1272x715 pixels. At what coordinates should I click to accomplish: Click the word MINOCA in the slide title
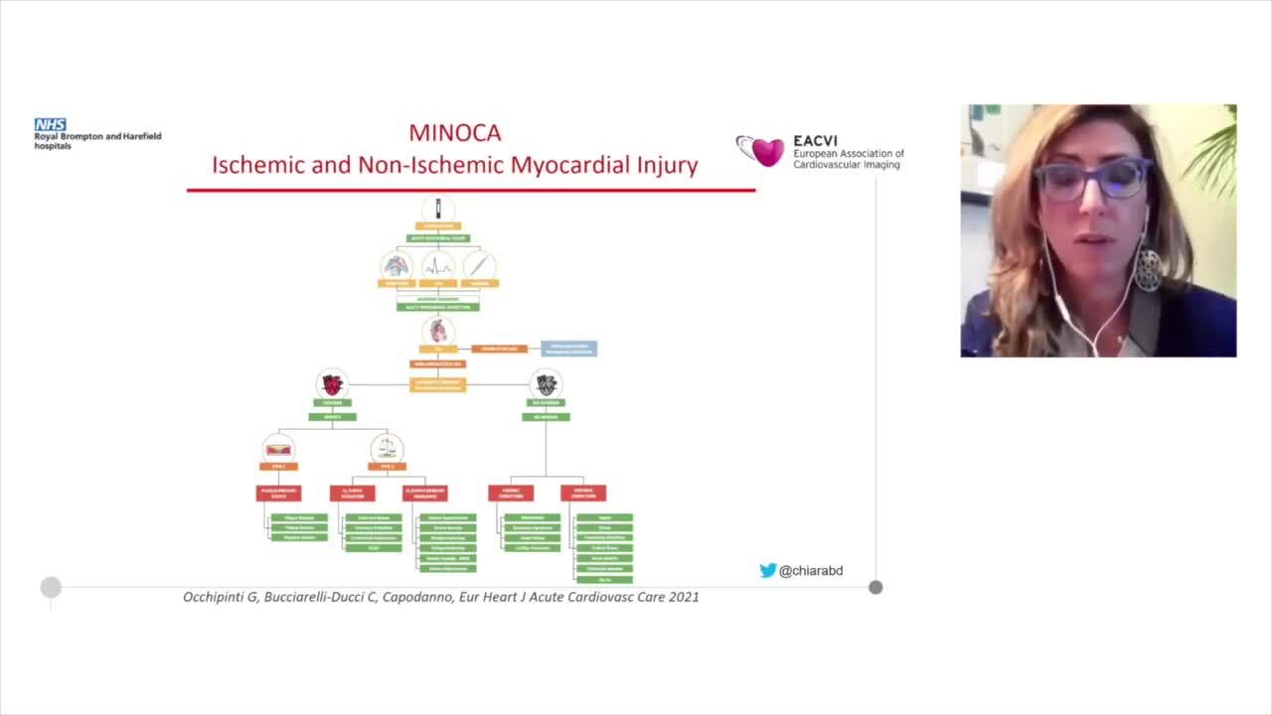[455, 132]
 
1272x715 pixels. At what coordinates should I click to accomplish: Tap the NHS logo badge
[50, 124]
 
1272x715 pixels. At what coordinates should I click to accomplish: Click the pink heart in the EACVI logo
[767, 151]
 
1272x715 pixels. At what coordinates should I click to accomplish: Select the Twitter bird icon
[767, 570]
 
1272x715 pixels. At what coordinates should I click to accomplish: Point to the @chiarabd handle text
[811, 570]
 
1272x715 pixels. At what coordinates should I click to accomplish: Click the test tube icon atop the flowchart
[438, 210]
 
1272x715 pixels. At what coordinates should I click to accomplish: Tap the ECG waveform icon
[438, 265]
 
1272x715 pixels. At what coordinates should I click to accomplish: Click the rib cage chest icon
[397, 265]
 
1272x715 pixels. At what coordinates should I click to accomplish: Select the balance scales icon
[387, 448]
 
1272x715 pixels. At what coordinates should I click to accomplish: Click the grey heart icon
[546, 383]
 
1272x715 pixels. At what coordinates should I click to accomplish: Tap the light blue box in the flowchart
[568, 349]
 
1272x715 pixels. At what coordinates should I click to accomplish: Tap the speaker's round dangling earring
[1148, 269]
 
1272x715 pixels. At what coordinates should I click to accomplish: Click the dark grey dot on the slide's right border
[875, 587]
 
